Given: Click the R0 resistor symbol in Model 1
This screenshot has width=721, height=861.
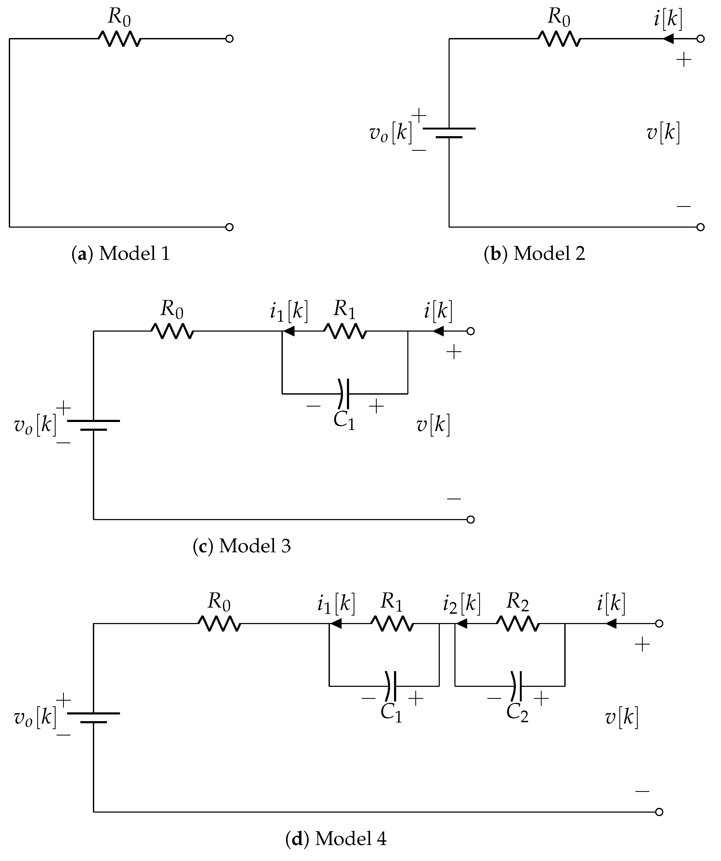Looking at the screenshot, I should (x=119, y=39).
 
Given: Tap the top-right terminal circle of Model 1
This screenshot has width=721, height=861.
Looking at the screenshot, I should (x=230, y=39).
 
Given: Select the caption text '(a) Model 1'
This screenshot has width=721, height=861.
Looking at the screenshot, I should (x=121, y=254).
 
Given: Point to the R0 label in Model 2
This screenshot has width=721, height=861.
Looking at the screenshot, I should (x=559, y=17).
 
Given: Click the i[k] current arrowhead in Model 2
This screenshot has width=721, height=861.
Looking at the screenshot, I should (x=669, y=39).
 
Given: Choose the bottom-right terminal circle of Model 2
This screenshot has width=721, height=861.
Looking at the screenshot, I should (x=701, y=227).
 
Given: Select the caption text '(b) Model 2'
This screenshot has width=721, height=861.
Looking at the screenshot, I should (x=534, y=254).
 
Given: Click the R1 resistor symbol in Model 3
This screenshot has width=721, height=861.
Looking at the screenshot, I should (x=345, y=331).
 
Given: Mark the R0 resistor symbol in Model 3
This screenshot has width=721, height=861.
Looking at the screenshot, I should (x=172, y=331).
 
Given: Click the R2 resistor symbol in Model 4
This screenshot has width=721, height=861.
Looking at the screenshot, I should (x=517, y=624).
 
